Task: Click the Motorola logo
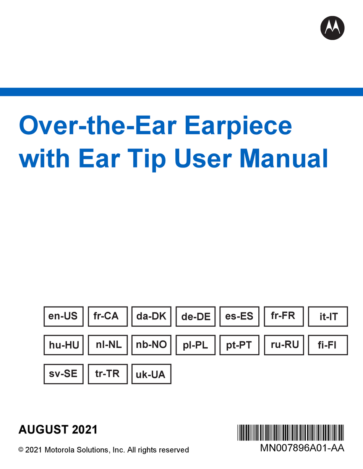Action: pos(332,28)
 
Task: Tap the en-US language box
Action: pos(63,316)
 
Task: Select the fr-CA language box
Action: pos(108,316)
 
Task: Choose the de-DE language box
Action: pos(196,316)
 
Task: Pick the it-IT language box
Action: pos(328,316)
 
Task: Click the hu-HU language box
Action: pos(63,345)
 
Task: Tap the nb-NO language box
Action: pos(151,345)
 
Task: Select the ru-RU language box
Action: pos(284,345)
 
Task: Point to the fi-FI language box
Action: pos(328,345)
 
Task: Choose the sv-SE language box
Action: pos(63,374)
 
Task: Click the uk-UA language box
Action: pos(151,374)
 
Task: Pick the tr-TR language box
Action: pos(108,374)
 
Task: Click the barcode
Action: pos(291,432)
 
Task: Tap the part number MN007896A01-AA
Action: pos(302,448)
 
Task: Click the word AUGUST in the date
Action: pos(44,429)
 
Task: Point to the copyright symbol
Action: pos(21,450)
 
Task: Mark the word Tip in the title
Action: pos(147,160)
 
